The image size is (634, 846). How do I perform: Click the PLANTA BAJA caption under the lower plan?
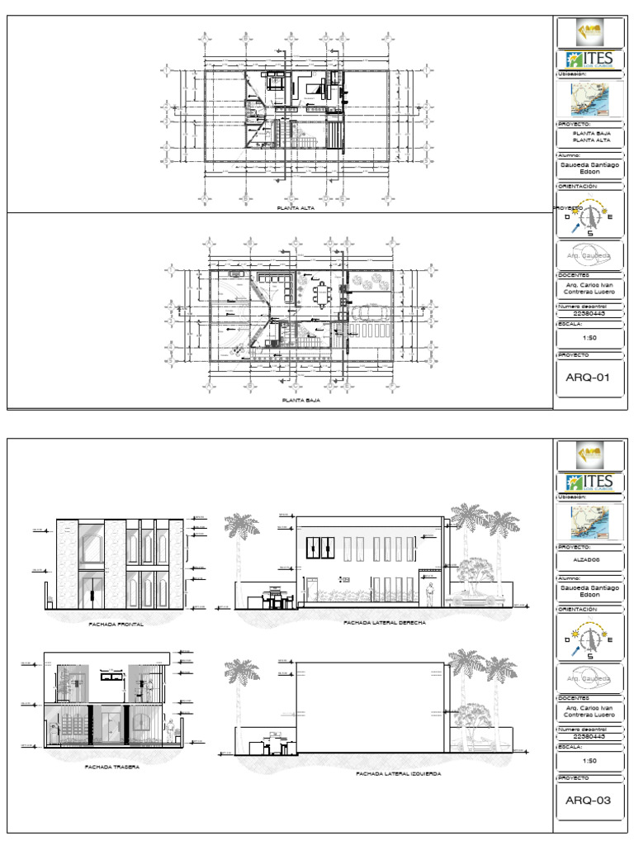click(300, 399)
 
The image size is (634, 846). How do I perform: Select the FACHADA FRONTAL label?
click(116, 625)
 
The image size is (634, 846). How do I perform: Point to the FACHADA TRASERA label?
click(111, 767)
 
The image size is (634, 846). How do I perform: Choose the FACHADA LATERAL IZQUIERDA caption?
click(398, 774)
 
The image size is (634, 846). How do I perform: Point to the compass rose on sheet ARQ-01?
click(589, 218)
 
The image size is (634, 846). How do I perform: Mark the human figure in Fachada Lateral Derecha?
click(430, 594)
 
